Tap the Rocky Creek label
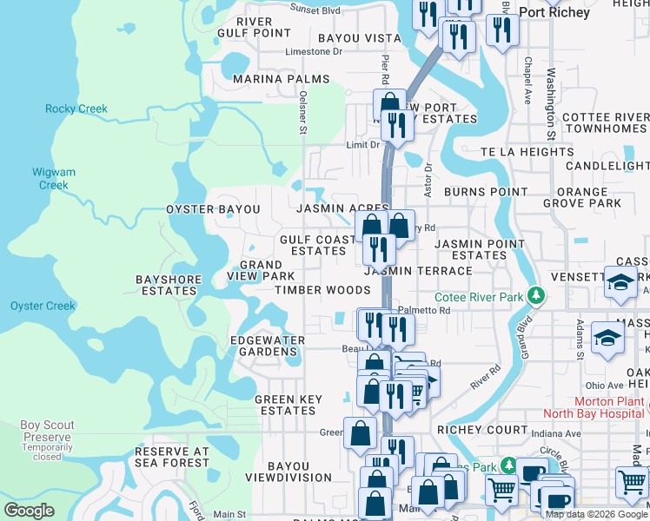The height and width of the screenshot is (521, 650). pos(76,109)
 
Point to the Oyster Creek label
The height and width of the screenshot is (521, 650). pos(43,306)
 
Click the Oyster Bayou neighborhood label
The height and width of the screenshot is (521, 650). pos(213,210)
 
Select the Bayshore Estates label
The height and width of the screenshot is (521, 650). pos(169,286)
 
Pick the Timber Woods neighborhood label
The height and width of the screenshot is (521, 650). pos(322,290)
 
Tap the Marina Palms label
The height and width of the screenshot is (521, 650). pos(282,79)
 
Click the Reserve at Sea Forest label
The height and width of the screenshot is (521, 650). pos(172,458)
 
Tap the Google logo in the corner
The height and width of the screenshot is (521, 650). pos(30,511)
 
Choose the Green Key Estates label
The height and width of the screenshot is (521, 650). pos(288,406)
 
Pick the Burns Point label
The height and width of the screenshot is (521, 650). pos(485,192)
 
